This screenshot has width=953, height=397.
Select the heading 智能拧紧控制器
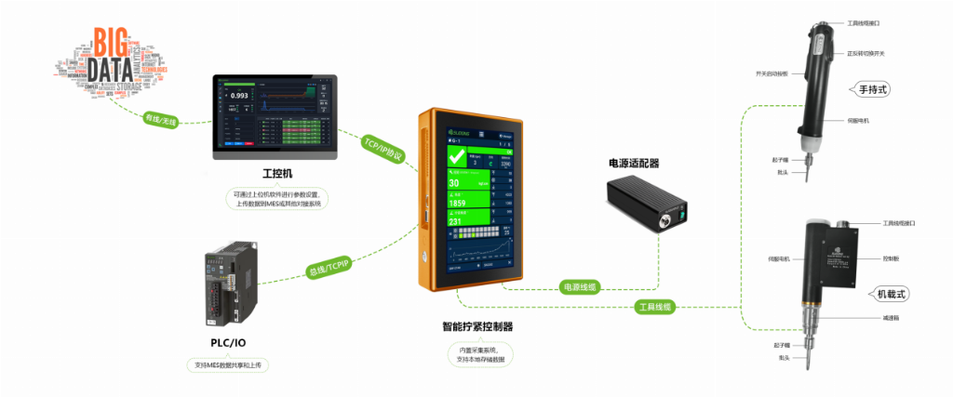click(478, 327)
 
